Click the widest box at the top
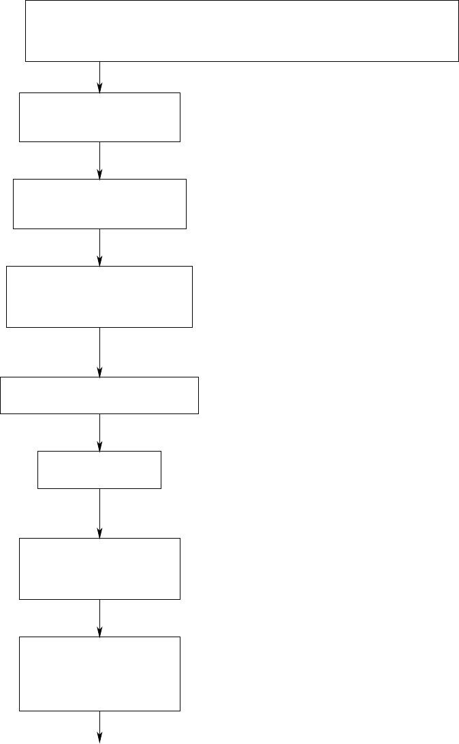(x=242, y=31)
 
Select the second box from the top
(x=99, y=117)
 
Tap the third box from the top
(x=99, y=203)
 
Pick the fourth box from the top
(x=99, y=297)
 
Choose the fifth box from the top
(x=99, y=395)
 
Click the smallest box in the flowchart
(x=99, y=469)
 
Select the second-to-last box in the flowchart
(x=99, y=569)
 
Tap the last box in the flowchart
(x=99, y=674)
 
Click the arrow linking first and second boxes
(x=100, y=77)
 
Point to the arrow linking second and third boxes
(x=100, y=160)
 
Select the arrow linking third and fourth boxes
(x=100, y=247)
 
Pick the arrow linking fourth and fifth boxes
(x=100, y=352)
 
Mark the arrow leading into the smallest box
(x=100, y=432)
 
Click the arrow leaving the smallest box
(x=100, y=513)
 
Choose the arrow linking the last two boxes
(x=100, y=618)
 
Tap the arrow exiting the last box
(x=100, y=727)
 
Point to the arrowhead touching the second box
(x=100, y=88)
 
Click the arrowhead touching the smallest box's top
(x=100, y=446)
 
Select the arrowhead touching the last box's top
(x=100, y=632)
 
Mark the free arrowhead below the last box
(x=100, y=739)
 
